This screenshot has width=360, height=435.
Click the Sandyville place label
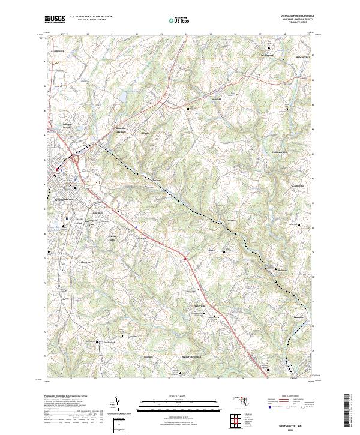[x=199, y=305]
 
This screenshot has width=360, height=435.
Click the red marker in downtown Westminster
[x=58, y=170]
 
